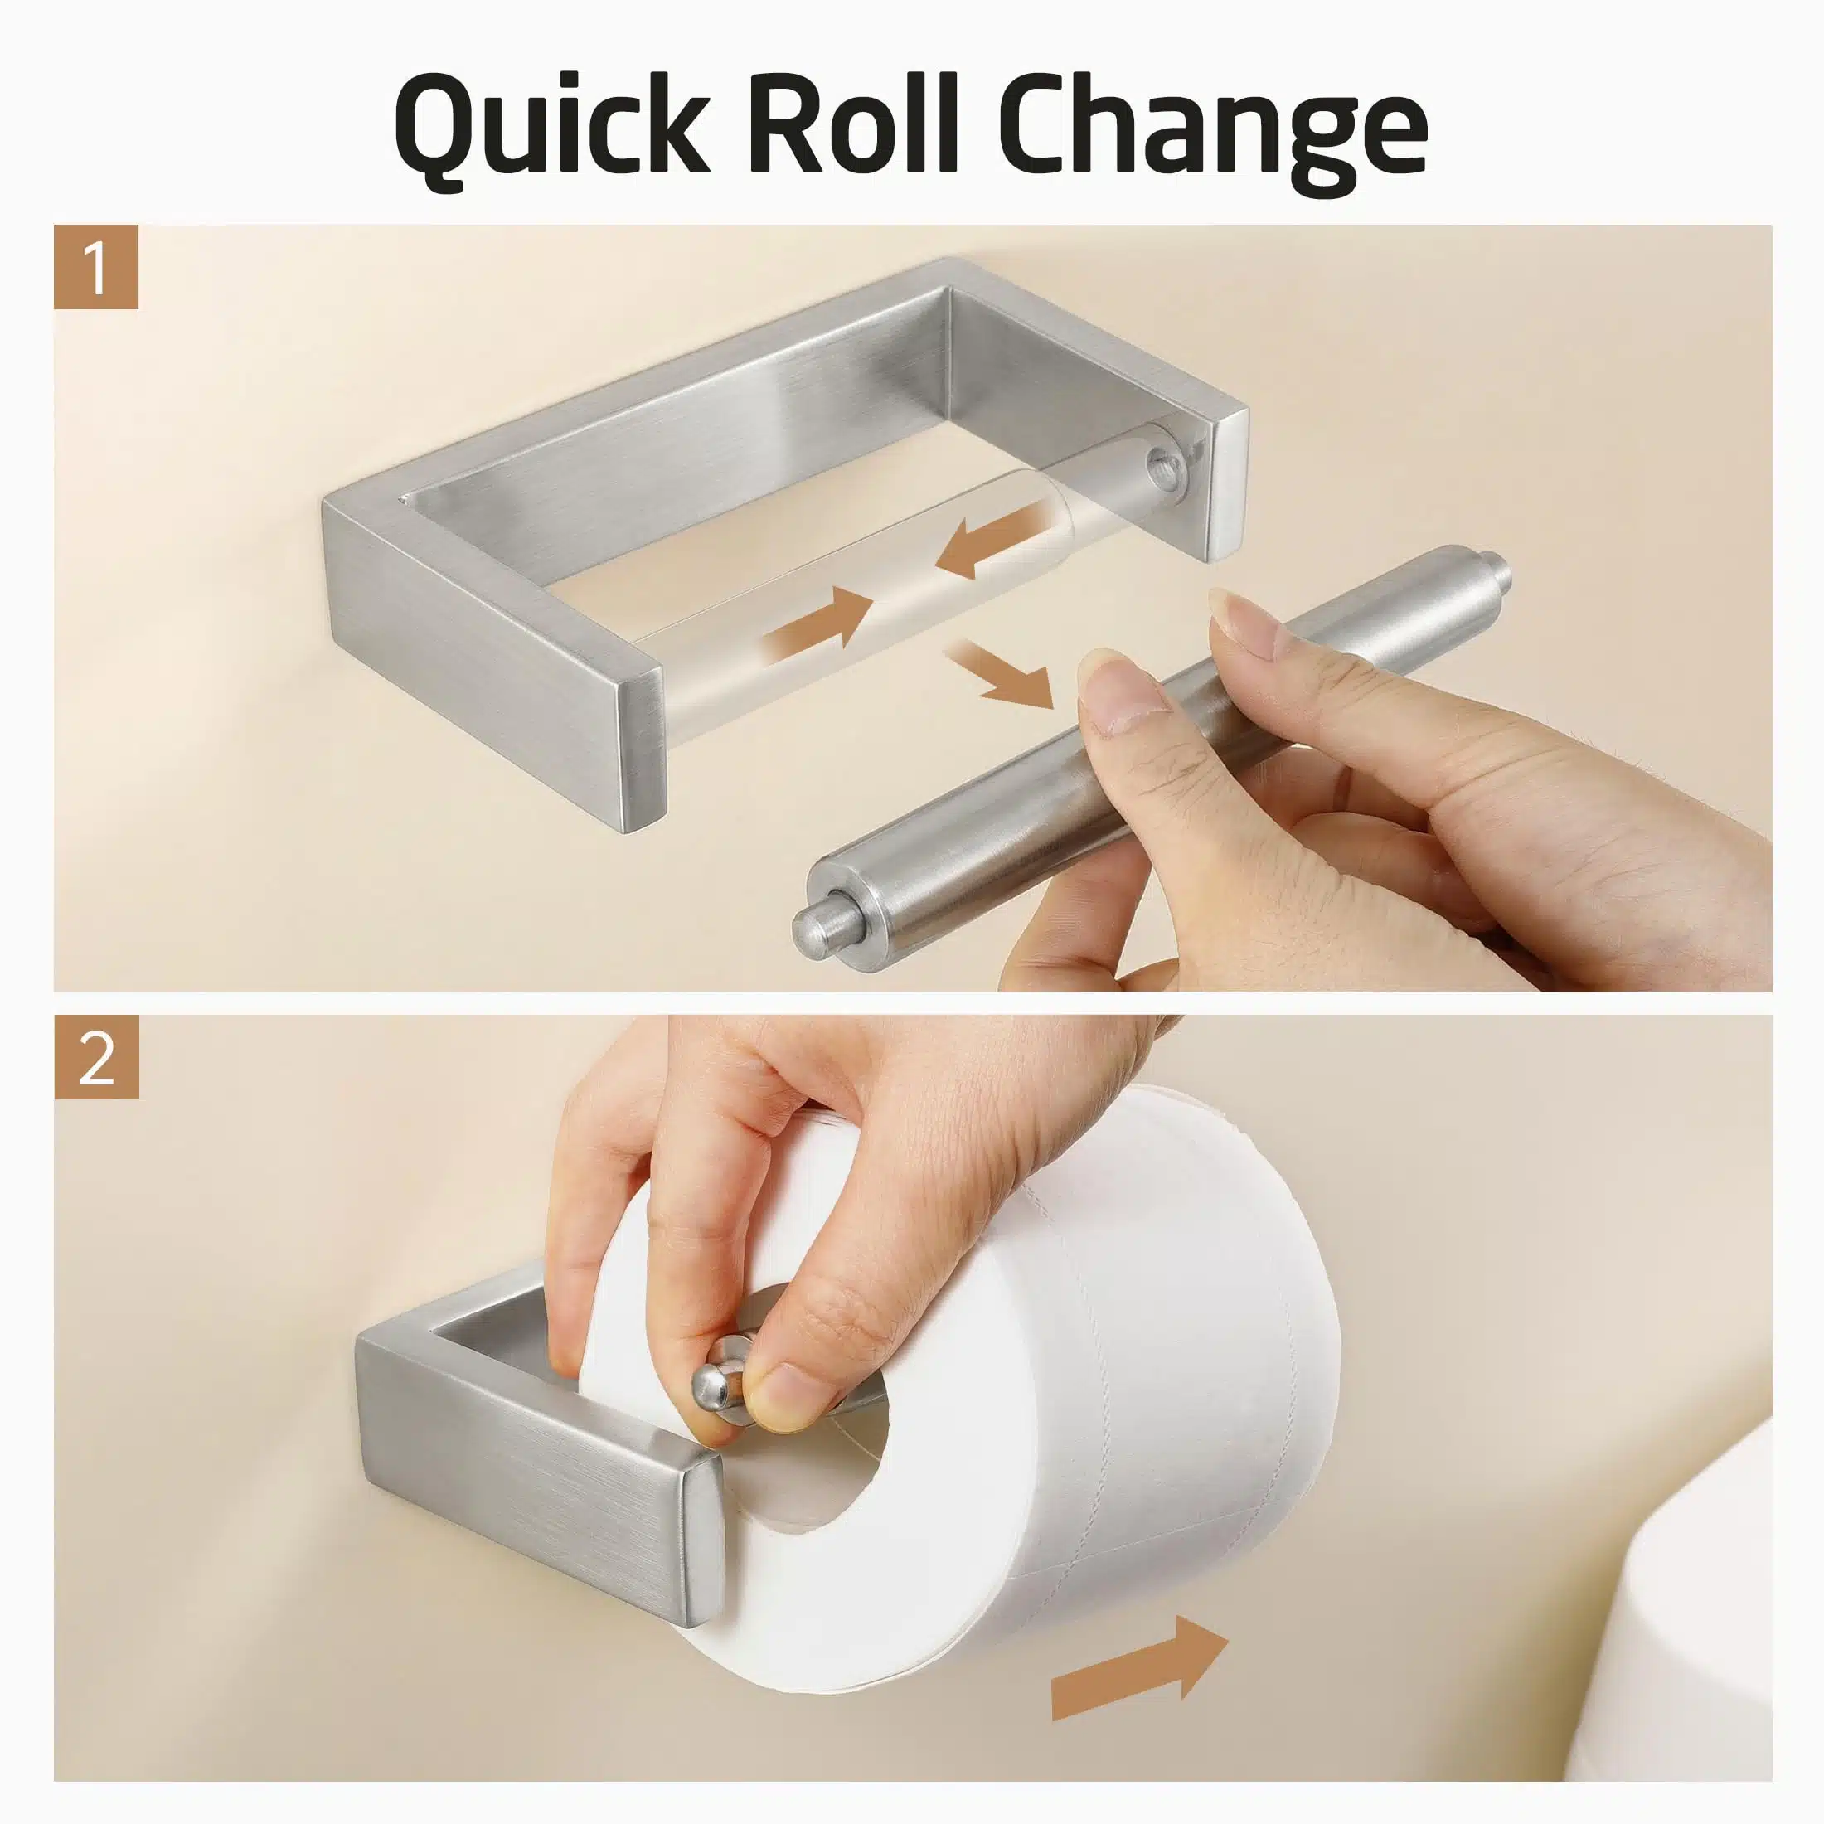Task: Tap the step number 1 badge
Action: pos(96,267)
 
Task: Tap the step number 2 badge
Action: pos(96,1056)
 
